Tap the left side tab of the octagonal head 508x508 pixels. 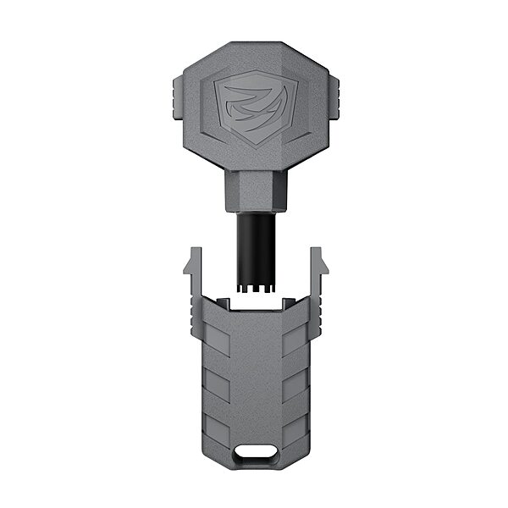pos(176,100)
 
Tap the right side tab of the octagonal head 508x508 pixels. pos(333,100)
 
